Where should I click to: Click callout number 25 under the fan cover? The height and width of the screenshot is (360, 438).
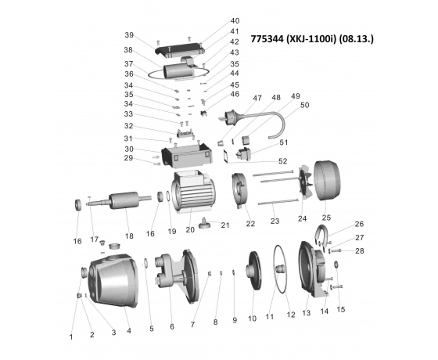point(326,218)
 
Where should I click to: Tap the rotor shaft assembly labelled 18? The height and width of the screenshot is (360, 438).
point(119,201)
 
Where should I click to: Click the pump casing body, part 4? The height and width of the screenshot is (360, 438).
point(113,280)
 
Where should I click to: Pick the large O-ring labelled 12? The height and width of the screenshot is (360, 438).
point(281,268)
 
